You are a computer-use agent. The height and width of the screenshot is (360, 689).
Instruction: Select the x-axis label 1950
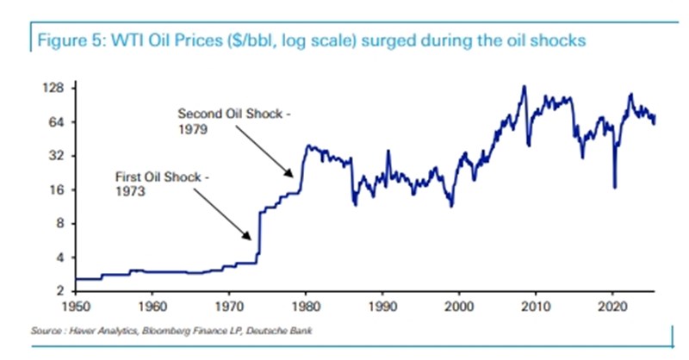coord(77,305)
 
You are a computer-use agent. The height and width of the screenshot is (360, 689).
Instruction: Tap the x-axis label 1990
coord(382,305)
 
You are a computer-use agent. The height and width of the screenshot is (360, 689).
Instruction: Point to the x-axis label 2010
coord(535,305)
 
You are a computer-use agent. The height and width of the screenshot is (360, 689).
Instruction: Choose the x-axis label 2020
coord(611,305)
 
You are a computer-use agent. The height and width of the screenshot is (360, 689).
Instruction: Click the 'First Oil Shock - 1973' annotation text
coord(162,185)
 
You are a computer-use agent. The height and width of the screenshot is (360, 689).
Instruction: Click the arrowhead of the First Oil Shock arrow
coord(251,238)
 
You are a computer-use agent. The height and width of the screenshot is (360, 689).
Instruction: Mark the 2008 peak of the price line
coord(524,86)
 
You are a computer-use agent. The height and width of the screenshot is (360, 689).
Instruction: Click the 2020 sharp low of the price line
coord(614,187)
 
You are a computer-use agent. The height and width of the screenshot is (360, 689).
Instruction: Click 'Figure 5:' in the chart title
coord(61,40)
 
